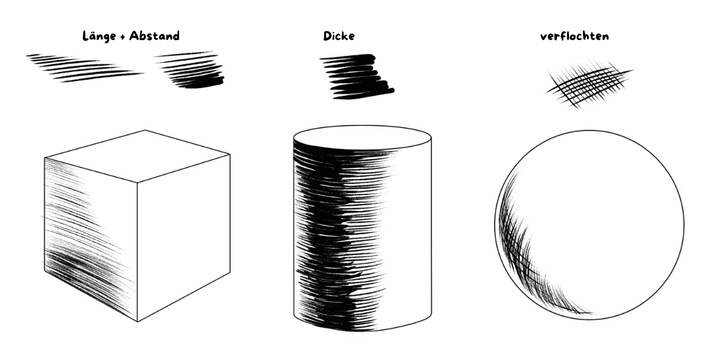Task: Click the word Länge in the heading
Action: (x=99, y=37)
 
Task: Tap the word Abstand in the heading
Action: (x=155, y=36)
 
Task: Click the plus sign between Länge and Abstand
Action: (x=123, y=37)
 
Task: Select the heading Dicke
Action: (x=338, y=36)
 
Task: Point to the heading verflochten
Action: (x=574, y=37)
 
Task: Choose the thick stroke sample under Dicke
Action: (x=357, y=77)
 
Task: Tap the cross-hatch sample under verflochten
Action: (x=589, y=84)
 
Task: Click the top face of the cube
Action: (x=137, y=156)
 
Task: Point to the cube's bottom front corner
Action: (x=137, y=322)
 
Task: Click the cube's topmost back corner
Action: (x=145, y=130)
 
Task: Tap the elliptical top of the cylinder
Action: (x=362, y=137)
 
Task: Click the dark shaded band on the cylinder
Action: (x=340, y=236)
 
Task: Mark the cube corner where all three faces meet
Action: (x=137, y=183)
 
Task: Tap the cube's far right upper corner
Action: (x=230, y=154)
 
